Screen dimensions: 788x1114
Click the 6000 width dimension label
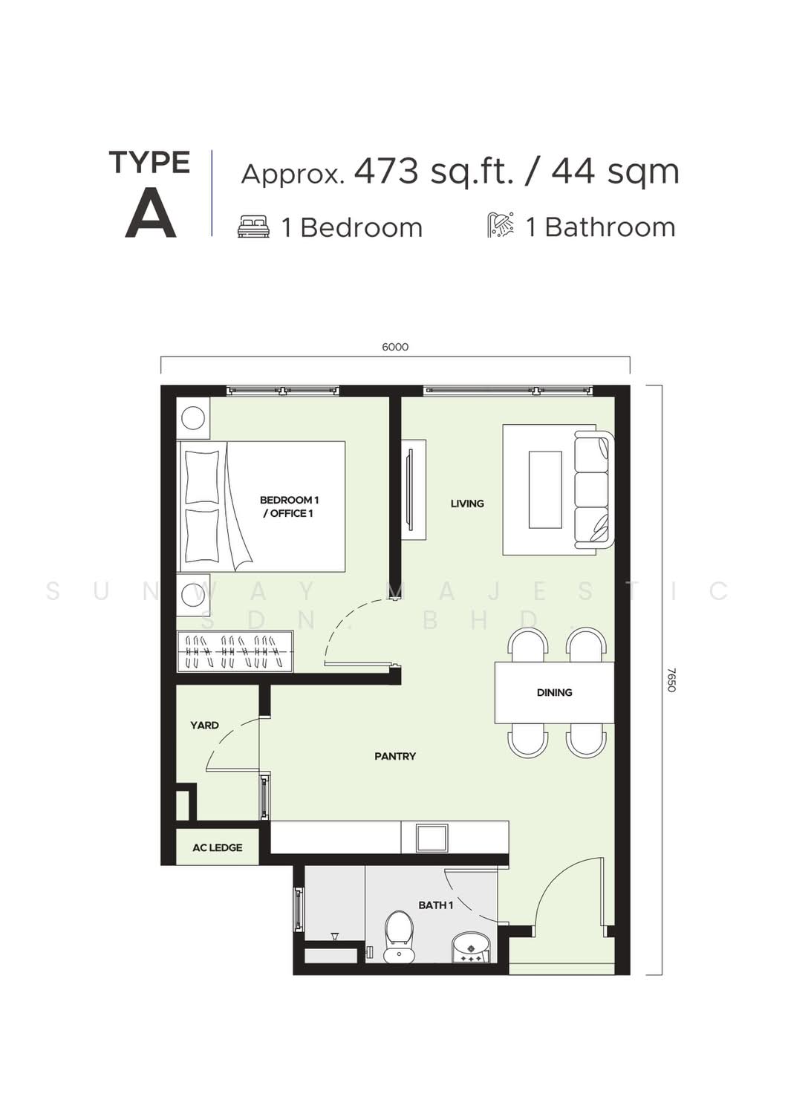coord(395,347)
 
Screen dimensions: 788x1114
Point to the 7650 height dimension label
coord(672,680)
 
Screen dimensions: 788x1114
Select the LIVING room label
coord(467,504)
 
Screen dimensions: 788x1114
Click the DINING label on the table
coord(554,692)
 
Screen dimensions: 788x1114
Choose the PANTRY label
coord(395,757)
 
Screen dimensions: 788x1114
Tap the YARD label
coord(204,726)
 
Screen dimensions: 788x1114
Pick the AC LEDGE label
coord(218,847)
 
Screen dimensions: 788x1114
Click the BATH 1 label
coord(436,905)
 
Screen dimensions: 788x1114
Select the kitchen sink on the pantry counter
coord(432,838)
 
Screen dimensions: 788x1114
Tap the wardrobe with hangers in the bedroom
coord(235,651)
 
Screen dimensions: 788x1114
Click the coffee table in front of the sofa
coord(544,489)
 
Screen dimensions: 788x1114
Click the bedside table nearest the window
coord(193,418)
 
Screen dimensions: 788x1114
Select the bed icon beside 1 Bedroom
coord(254,227)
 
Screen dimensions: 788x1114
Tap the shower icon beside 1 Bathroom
coord(501,225)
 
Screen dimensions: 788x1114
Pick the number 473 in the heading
coord(386,172)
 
